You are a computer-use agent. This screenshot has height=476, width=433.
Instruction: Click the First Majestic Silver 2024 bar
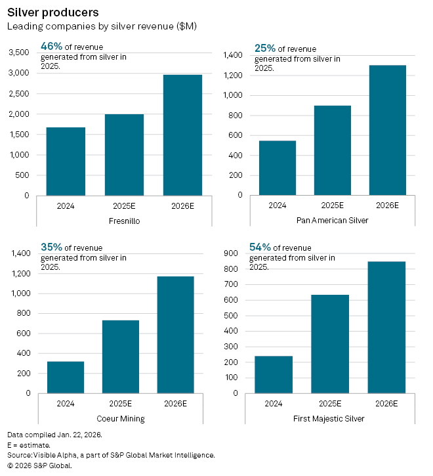(274, 374)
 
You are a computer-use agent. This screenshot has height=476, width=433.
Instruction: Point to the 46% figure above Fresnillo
(51, 47)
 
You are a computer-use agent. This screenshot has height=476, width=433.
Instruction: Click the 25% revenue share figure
(264, 49)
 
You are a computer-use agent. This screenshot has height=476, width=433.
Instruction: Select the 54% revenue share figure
(260, 247)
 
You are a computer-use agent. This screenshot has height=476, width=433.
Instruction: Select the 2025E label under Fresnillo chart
(125, 205)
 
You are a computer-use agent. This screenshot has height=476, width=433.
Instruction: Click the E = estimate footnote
(28, 445)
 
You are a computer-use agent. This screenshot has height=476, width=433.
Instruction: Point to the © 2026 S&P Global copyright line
(39, 465)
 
